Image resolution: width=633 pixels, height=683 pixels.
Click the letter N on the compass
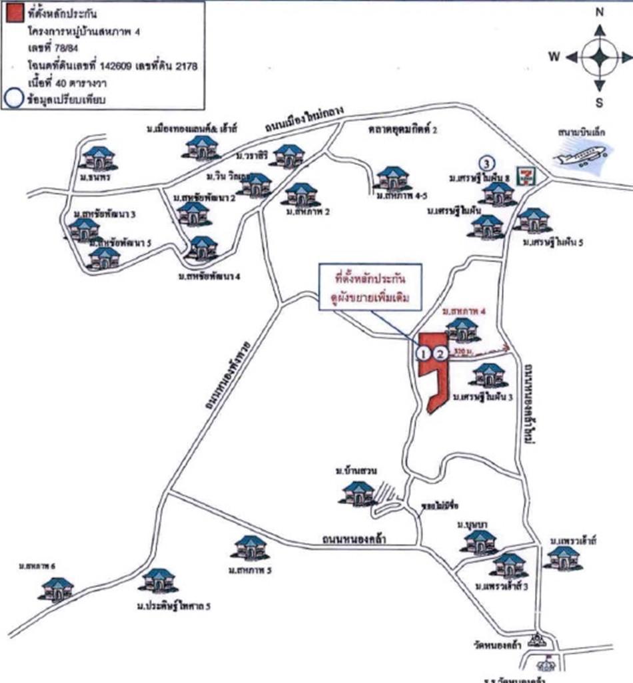tap(599, 12)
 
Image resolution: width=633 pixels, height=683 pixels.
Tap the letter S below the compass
tap(599, 103)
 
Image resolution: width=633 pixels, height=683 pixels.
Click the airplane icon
tap(580, 157)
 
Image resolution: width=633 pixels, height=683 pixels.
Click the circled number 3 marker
tap(487, 162)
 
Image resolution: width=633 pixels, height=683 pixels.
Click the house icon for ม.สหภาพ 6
tap(57, 589)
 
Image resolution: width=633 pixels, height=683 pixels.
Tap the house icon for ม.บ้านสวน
tap(358, 493)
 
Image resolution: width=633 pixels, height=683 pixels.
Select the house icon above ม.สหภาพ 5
tap(251, 548)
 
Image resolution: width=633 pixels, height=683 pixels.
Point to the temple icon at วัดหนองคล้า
tap(537, 641)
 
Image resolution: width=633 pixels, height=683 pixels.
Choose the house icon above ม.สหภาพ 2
tap(301, 195)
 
